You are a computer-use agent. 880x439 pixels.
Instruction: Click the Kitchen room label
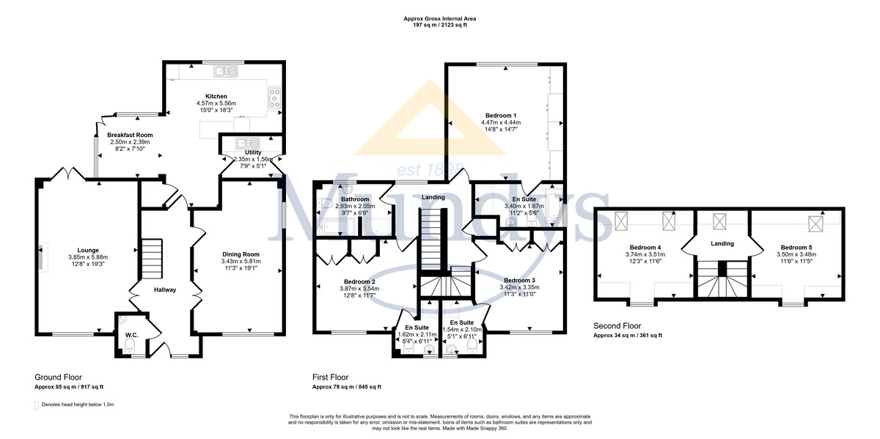(216, 96)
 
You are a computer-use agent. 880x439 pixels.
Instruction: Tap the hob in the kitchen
(274, 97)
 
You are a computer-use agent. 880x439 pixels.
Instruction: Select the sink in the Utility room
(248, 142)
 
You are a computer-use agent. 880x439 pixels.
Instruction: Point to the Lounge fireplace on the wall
(43, 257)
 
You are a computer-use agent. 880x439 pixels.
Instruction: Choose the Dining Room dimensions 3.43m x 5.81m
(241, 261)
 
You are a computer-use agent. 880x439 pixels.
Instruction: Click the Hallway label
(165, 289)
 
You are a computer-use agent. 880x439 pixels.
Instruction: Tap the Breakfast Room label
(130, 135)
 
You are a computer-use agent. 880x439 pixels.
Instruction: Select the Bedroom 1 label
(501, 116)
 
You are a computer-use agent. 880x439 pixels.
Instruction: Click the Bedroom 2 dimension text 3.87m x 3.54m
(359, 289)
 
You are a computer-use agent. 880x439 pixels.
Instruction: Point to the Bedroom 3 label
(519, 281)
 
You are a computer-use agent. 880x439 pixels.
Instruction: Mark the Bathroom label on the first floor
(355, 199)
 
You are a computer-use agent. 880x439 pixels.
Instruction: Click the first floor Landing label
(433, 197)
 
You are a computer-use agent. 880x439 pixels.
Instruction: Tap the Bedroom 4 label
(645, 248)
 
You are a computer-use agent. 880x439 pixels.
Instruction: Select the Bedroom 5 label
(796, 248)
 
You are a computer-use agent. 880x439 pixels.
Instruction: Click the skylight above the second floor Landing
(719, 221)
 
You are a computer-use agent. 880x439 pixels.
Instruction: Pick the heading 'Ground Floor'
(58, 377)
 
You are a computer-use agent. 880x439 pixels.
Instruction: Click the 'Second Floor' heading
(617, 326)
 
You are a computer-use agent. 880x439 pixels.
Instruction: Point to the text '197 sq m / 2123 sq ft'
(439, 25)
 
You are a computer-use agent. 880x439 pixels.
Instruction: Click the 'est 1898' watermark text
(430, 169)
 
